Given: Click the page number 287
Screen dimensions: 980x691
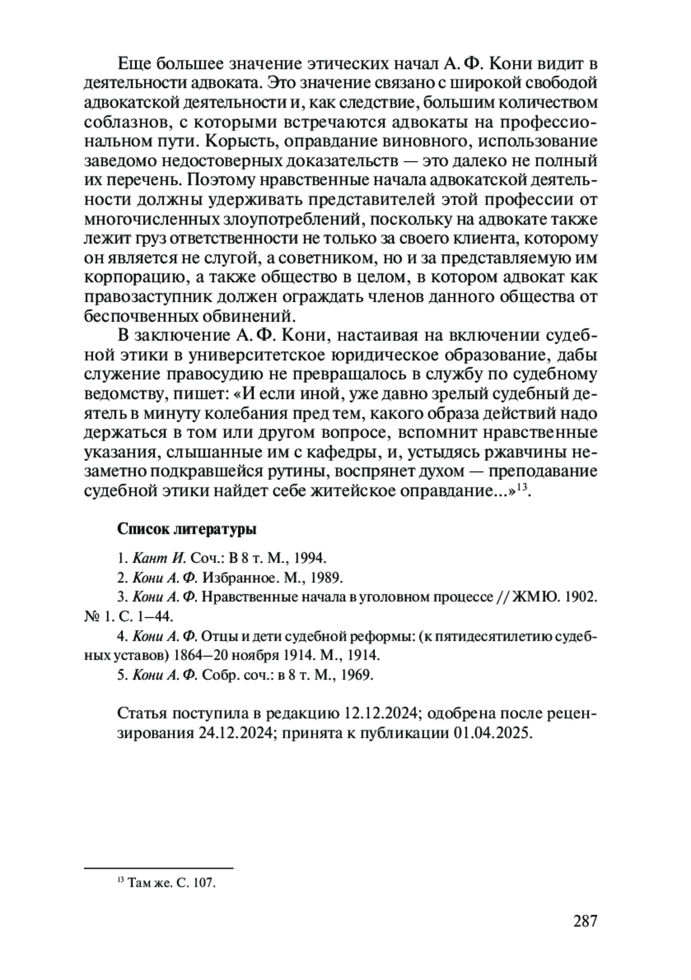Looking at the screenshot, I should click(586, 921).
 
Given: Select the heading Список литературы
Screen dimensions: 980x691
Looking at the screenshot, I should click(187, 528).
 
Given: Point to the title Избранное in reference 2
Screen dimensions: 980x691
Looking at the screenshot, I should click(235, 577).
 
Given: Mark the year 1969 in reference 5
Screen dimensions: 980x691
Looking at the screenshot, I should click(356, 675).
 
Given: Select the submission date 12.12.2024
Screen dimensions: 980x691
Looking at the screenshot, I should click(381, 714).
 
